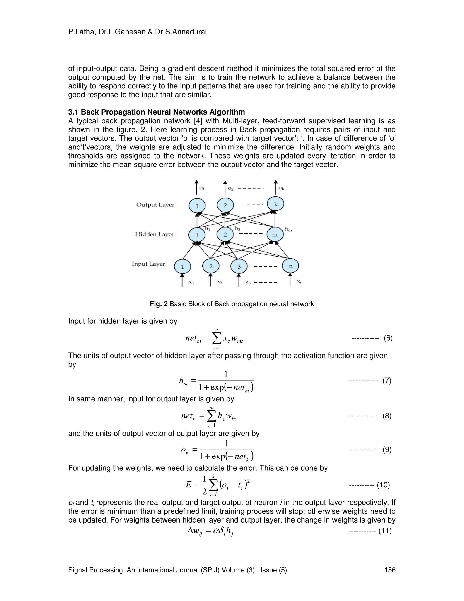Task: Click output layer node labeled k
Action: point(276,204)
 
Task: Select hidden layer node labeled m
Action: point(275,235)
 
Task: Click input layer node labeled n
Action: point(290,266)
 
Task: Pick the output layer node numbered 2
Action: point(225,205)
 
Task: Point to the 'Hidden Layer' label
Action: point(155,234)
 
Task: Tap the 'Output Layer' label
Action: point(155,205)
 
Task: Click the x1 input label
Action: point(191,282)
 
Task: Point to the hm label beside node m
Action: point(288,229)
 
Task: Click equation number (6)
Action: point(388,338)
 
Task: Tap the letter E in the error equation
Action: point(188,484)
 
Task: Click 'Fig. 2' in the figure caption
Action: point(158,304)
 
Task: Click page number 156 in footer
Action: point(390,570)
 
